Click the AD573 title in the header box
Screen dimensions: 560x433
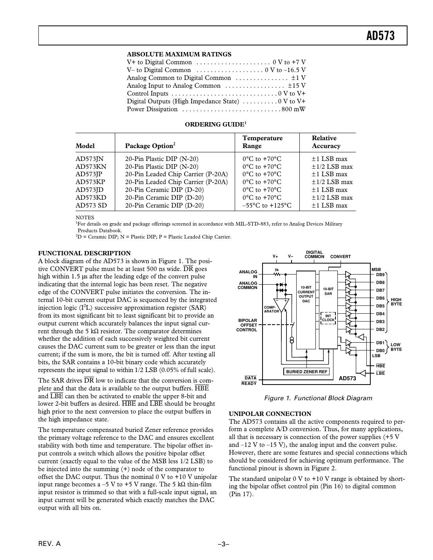pos(380,36)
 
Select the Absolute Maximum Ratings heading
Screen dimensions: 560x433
pos(179,54)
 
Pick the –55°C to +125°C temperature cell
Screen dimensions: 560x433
pos(267,206)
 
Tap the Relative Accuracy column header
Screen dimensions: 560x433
pos(326,142)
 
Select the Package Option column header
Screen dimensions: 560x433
pos(150,146)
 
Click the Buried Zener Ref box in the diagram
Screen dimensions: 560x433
pos(306,372)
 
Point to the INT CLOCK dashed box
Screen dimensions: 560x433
pos(328,318)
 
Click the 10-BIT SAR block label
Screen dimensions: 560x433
pos(328,291)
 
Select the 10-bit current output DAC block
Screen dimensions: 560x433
pos(306,294)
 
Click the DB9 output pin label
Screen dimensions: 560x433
pos(380,275)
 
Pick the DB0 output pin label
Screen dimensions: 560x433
pos(380,351)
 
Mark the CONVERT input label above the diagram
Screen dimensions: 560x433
pos(341,257)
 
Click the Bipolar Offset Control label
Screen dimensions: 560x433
pos(247,325)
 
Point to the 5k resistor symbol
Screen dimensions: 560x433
pos(277,275)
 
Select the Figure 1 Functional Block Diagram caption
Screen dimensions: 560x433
pos(318,398)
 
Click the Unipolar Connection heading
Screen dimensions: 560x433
pos(270,414)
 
